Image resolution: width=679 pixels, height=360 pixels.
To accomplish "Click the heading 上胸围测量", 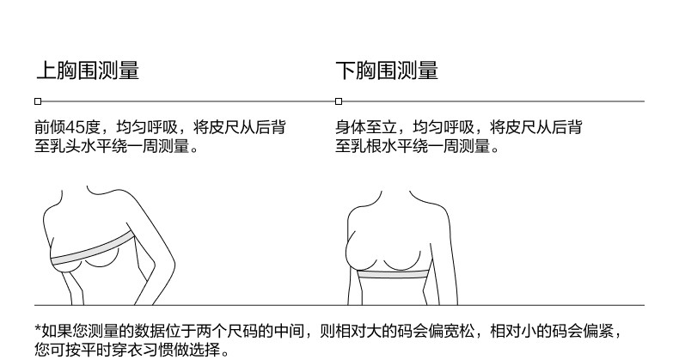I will pyautogui.click(x=87, y=70).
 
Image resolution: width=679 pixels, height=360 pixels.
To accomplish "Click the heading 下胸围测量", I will pyautogui.click(x=387, y=70).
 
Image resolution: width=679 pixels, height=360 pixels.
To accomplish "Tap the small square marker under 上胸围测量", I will pyautogui.click(x=37, y=101).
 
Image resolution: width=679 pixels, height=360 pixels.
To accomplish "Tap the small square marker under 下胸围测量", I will pyautogui.click(x=338, y=101).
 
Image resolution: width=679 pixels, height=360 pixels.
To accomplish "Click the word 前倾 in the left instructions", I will pyautogui.click(x=50, y=129).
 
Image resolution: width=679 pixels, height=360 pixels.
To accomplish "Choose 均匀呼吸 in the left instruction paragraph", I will pyautogui.click(x=146, y=129).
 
